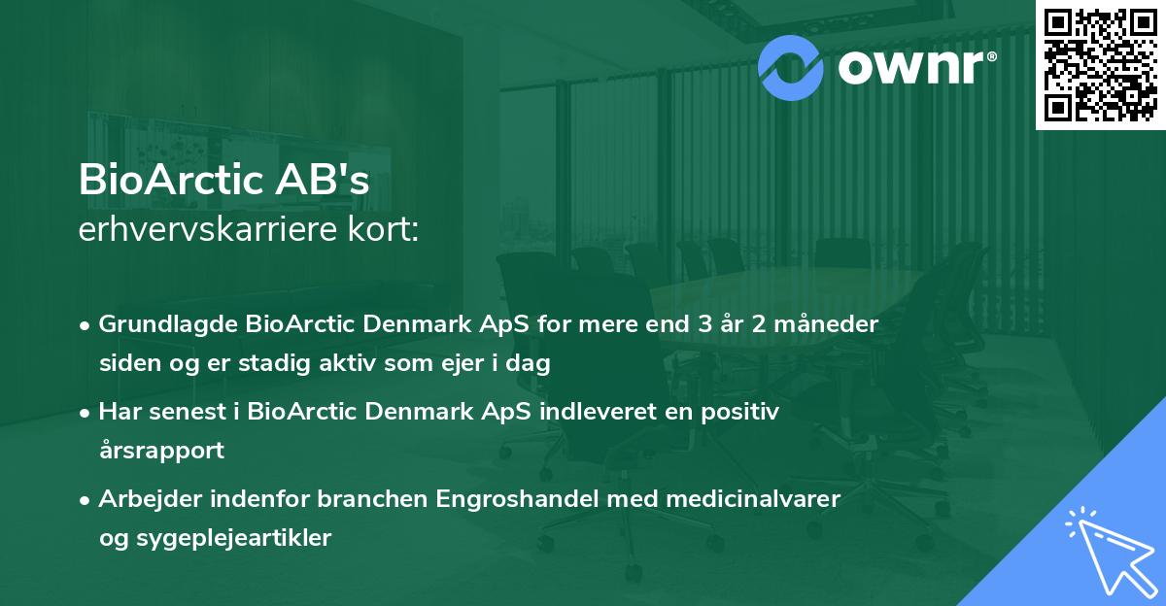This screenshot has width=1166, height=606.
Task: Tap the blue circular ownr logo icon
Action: click(791, 67)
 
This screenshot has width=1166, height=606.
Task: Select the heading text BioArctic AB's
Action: click(224, 181)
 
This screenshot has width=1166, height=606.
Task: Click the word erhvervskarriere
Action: click(198, 231)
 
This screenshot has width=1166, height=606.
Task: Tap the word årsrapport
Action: click(161, 451)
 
